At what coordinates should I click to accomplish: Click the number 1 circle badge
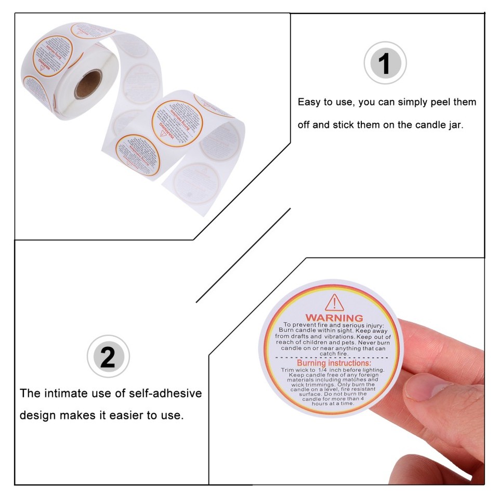[x=385, y=63]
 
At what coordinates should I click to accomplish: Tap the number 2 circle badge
[x=108, y=356]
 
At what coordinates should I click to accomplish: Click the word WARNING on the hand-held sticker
[x=334, y=318]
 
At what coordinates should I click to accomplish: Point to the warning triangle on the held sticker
[x=333, y=302]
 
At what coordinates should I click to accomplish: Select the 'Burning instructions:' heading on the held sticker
[x=334, y=363]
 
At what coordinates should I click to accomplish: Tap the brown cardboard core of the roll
[x=89, y=83]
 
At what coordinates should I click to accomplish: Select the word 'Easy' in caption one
[x=309, y=102]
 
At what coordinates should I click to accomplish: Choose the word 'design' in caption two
[x=37, y=416]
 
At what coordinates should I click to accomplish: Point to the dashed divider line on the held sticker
[x=334, y=358]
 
